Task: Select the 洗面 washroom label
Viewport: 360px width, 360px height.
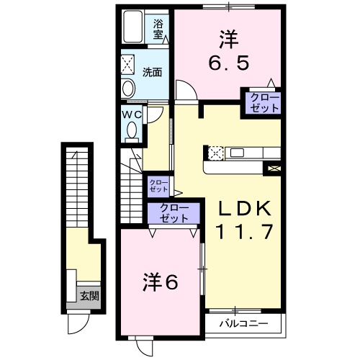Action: coord(151,72)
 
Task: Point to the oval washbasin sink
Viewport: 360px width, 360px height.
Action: coord(128,89)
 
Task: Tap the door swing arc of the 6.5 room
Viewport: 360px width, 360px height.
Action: coord(184,89)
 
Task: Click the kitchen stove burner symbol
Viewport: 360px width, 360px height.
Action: coord(216,153)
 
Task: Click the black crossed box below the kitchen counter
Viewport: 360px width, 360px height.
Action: coord(274,169)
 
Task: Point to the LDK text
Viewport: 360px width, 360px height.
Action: coord(245,210)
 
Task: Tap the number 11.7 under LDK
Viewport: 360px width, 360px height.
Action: coord(245,232)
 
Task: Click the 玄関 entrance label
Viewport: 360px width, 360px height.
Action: coord(89,295)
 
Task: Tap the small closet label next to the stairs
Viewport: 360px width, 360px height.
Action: coord(158,186)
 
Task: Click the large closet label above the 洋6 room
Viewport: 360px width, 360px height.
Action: coord(174,212)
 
